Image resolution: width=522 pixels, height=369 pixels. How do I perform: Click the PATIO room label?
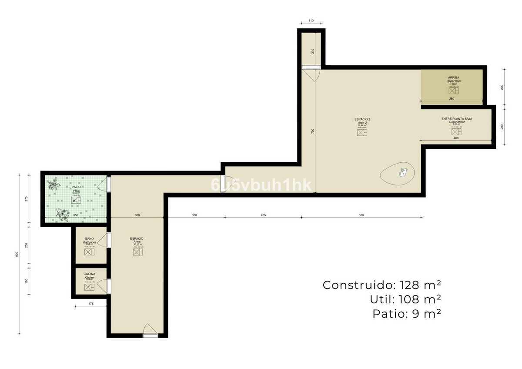[76, 187]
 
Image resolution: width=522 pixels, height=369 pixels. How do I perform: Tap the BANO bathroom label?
[90, 239]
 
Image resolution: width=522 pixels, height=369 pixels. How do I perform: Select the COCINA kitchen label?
[90, 274]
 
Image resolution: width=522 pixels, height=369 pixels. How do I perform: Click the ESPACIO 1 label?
[138, 239]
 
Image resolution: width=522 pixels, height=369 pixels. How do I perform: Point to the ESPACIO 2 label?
[362, 119]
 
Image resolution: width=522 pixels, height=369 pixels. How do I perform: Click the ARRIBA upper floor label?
[454, 78]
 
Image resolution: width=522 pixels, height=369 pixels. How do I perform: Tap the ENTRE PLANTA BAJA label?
[457, 118]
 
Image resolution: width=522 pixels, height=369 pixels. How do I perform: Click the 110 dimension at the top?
[311, 21]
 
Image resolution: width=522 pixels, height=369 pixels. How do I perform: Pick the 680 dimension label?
[361, 215]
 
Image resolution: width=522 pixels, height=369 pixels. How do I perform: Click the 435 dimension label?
[263, 215]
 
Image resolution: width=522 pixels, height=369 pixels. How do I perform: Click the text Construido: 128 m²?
[382, 285]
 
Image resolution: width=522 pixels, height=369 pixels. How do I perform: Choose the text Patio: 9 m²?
[407, 313]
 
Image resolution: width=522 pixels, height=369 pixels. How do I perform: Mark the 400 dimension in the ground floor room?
[456, 138]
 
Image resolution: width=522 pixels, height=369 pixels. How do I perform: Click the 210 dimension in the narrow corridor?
[312, 51]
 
